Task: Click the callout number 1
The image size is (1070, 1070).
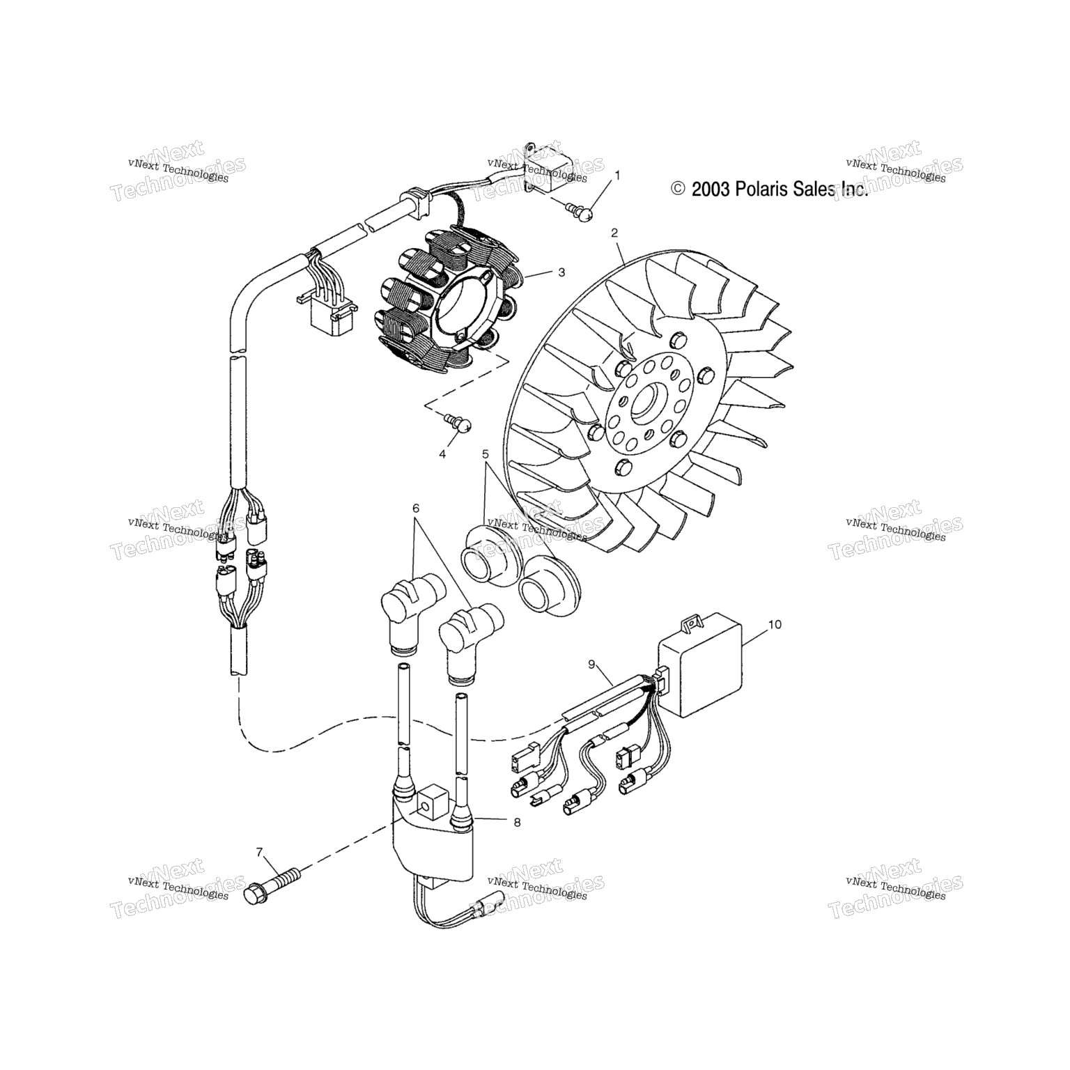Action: [616, 175]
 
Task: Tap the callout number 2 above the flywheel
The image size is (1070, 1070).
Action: [614, 232]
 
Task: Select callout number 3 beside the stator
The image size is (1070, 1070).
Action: [561, 272]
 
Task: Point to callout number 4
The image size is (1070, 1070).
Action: [442, 454]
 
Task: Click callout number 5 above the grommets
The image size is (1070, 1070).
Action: [485, 454]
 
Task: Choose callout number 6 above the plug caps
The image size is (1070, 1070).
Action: [416, 509]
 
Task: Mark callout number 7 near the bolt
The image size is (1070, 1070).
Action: [259, 852]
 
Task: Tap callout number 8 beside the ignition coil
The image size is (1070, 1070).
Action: [516, 822]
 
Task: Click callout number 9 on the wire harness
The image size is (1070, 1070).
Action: [591, 665]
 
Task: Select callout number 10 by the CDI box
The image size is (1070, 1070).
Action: [775, 624]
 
